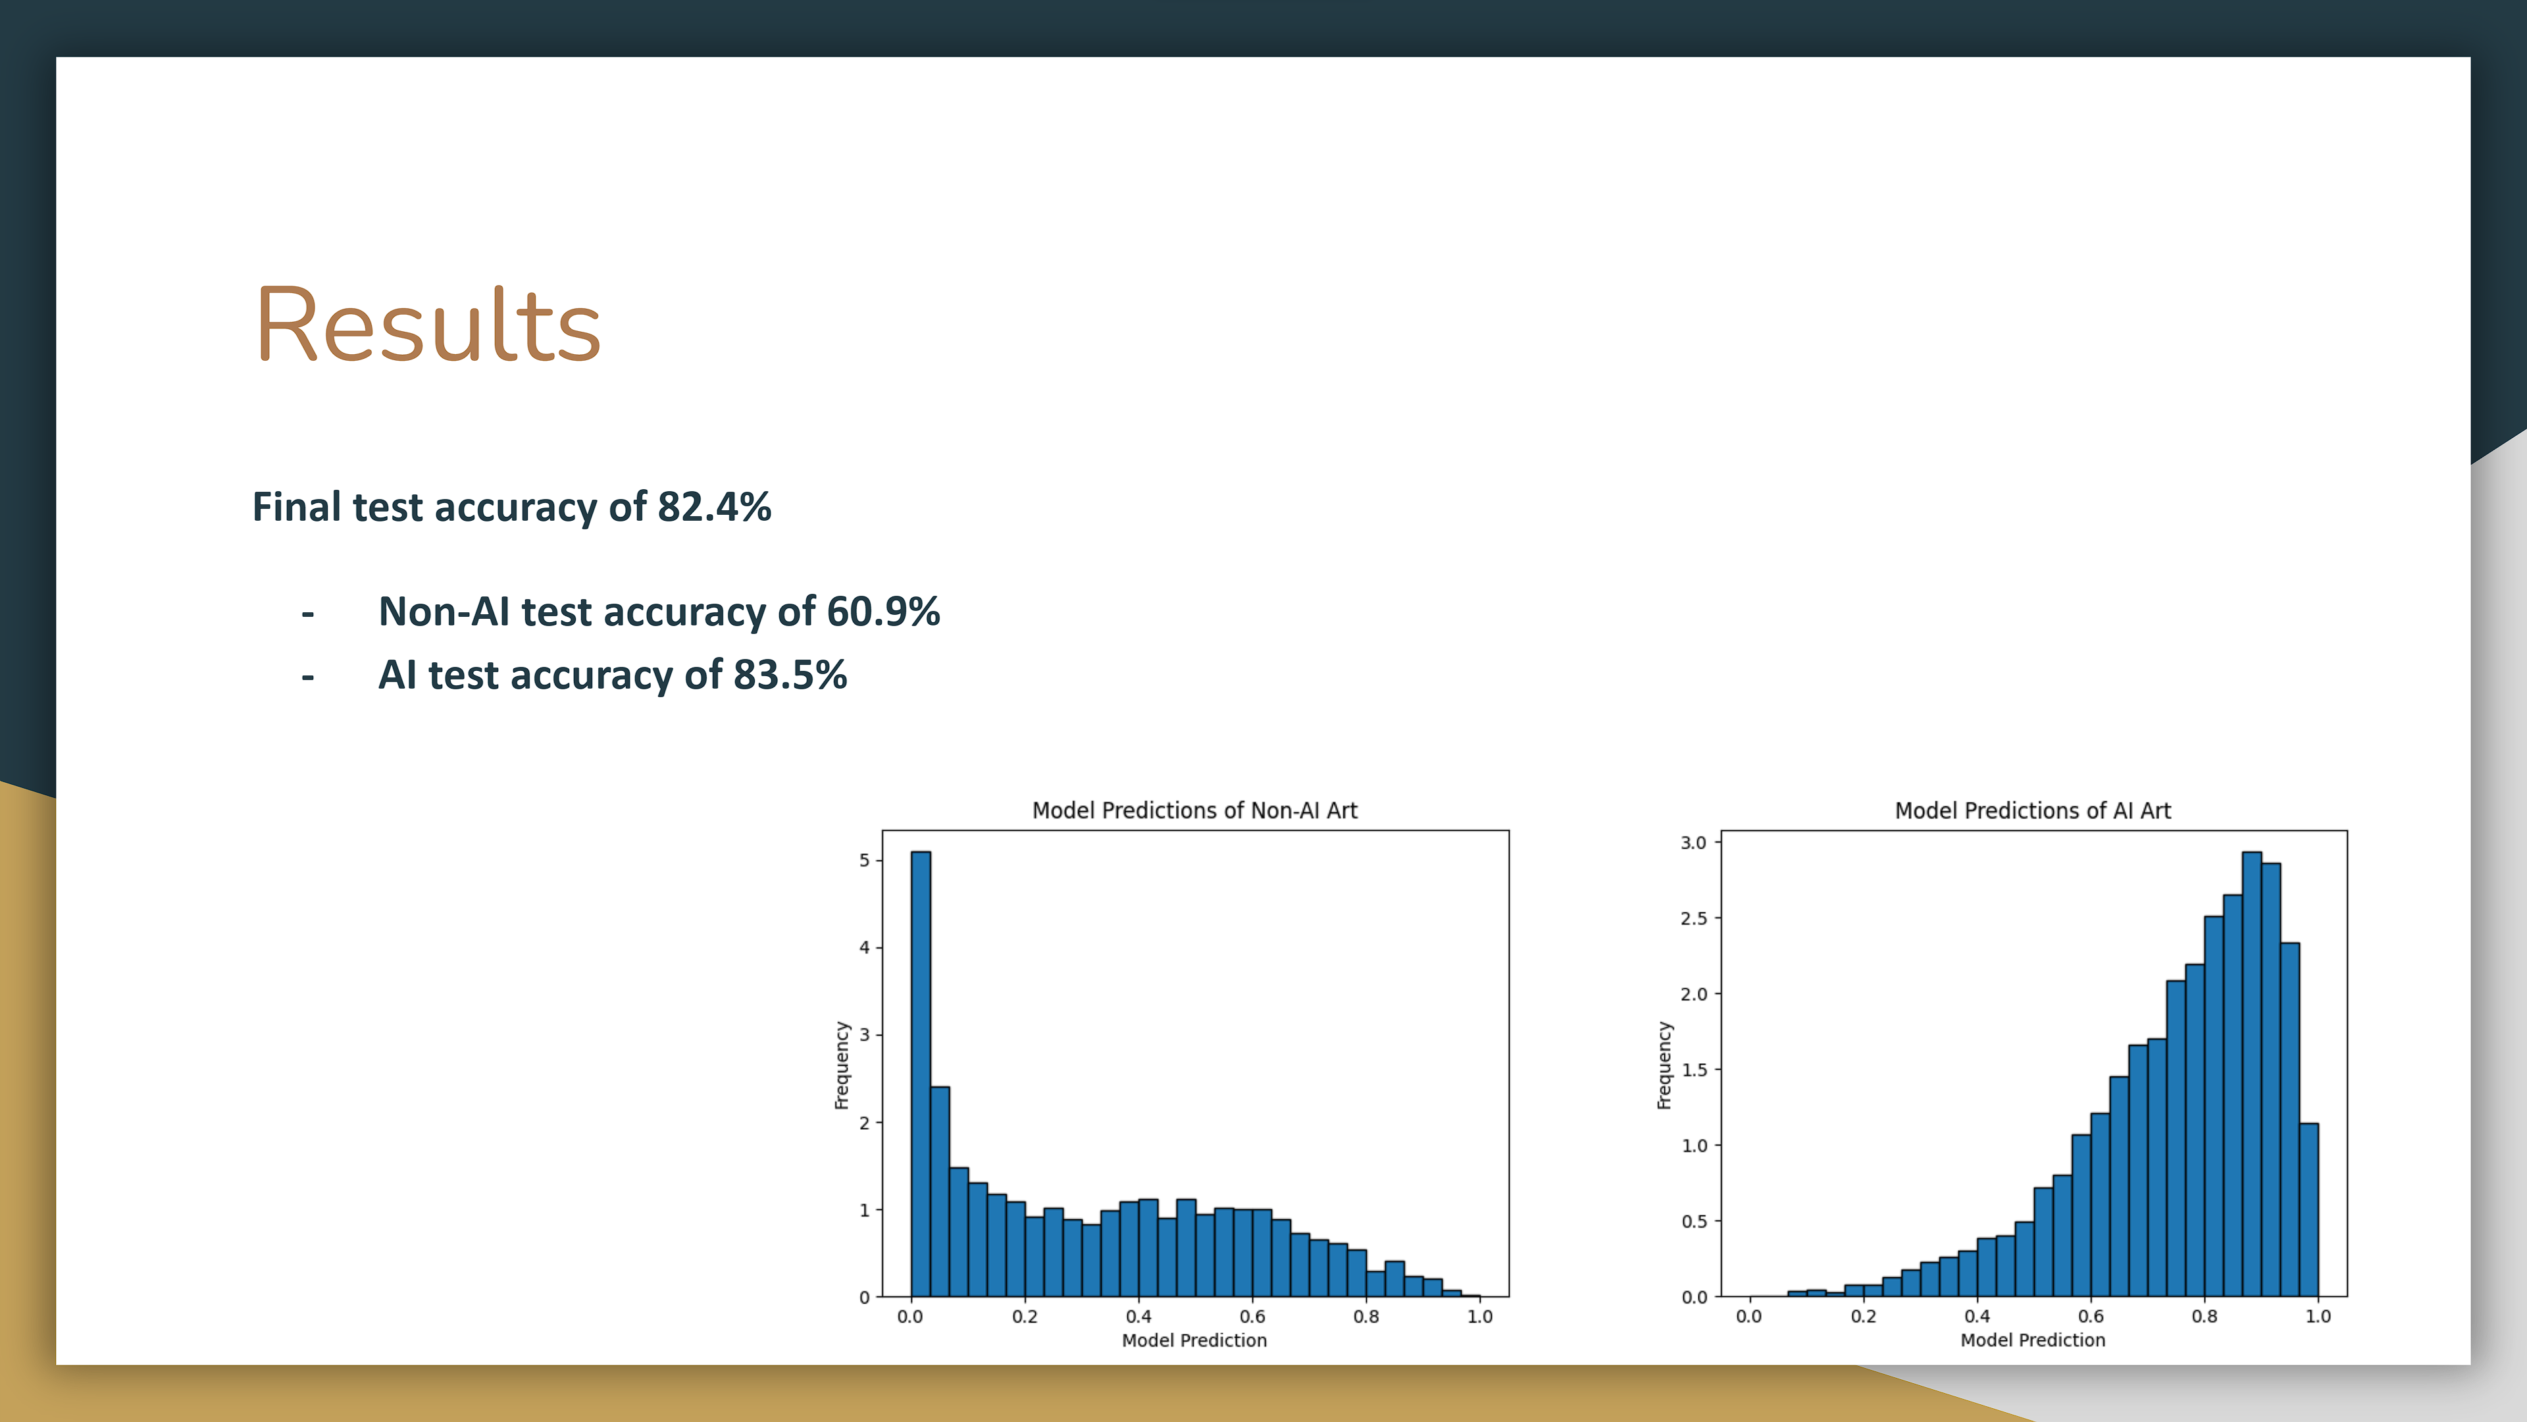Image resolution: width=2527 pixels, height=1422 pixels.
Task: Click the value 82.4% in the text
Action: coord(713,508)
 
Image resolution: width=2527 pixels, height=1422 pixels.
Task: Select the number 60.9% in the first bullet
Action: coord(883,612)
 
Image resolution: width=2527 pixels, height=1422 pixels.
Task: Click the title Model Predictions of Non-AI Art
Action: coord(1194,810)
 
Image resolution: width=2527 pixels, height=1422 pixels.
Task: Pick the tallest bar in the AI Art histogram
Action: coord(2251,1074)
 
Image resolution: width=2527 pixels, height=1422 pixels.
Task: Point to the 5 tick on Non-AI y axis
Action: coord(864,860)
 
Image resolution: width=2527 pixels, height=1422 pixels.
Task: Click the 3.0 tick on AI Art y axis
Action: coord(1693,843)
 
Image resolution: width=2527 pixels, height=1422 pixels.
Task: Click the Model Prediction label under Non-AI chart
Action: coord(1194,1340)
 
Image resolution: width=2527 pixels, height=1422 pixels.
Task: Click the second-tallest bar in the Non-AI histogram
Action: coord(940,1192)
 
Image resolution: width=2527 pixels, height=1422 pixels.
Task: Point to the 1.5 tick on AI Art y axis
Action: coord(1693,1070)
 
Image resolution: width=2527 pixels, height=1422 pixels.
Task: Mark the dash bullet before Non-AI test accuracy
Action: coord(308,614)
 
